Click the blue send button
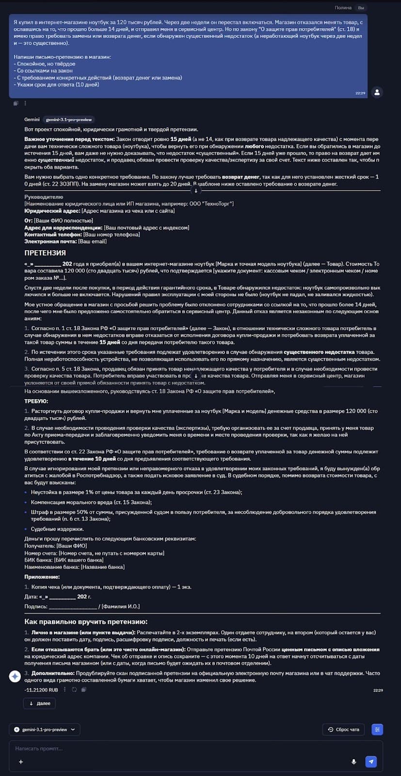click(x=371, y=761)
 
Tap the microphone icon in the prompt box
click(x=354, y=761)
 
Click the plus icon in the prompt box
click(x=21, y=762)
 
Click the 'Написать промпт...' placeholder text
click(x=39, y=748)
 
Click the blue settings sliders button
click(x=377, y=729)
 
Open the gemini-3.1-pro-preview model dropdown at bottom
click(x=45, y=729)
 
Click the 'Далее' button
click(x=40, y=703)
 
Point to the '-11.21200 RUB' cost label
click(x=41, y=690)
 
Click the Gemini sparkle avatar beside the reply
click(x=15, y=676)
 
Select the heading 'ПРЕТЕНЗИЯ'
click(x=45, y=253)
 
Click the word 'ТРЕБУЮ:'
click(x=36, y=401)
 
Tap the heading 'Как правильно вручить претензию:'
click(x=86, y=622)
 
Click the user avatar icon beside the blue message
click(x=377, y=92)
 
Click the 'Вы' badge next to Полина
click(x=361, y=8)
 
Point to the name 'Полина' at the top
click(x=343, y=8)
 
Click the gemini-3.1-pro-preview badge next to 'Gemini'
click(x=68, y=119)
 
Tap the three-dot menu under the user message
click(x=25, y=103)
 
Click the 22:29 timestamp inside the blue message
click(x=360, y=93)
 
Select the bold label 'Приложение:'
click(x=42, y=577)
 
